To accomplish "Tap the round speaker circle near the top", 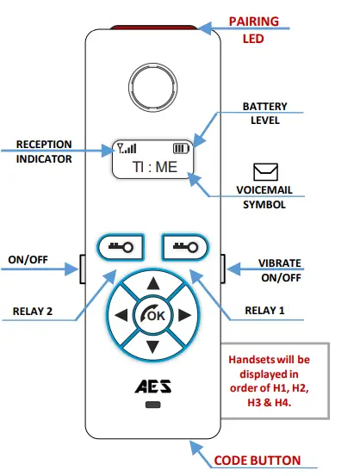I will (x=153, y=86).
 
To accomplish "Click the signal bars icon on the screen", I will (x=127, y=147).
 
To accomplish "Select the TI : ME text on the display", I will (x=153, y=166).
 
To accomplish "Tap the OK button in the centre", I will (x=153, y=315).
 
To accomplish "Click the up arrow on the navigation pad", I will (x=153, y=283).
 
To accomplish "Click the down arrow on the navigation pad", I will (x=153, y=347).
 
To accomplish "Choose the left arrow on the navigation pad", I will (x=121, y=315).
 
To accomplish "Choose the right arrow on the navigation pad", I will (x=185, y=315).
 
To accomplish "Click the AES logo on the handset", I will (x=153, y=387).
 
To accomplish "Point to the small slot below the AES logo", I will (x=153, y=404).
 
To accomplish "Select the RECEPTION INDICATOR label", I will (x=44, y=151).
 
